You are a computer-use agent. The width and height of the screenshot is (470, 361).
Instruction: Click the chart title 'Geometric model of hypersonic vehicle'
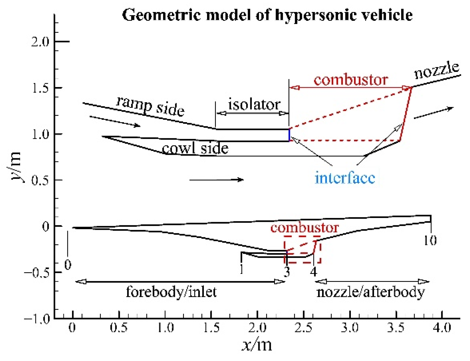point(267,15)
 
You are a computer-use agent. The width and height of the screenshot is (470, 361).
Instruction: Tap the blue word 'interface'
point(344,178)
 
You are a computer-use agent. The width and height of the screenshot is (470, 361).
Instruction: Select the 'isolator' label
point(254,105)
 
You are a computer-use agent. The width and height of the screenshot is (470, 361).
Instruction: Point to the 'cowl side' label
point(195,148)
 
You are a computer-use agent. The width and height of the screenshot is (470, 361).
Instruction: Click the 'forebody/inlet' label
point(171,292)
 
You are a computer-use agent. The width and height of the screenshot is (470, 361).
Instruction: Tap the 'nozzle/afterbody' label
point(370,292)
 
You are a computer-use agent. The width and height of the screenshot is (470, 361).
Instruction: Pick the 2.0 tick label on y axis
point(40,42)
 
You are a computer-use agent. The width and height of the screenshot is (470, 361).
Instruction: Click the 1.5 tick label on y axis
point(40,88)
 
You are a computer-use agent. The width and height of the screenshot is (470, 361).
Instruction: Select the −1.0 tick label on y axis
point(37,319)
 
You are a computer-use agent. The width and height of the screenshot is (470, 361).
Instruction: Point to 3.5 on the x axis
point(396,328)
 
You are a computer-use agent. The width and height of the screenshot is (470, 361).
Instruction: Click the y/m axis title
point(16,167)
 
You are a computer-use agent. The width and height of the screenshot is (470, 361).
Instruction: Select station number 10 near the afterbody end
point(430,241)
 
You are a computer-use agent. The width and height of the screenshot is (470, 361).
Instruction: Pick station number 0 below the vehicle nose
point(68,265)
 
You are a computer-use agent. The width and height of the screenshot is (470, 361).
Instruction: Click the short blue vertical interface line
point(289,135)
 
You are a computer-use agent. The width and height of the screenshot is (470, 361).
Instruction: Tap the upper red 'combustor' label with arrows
point(351,80)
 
